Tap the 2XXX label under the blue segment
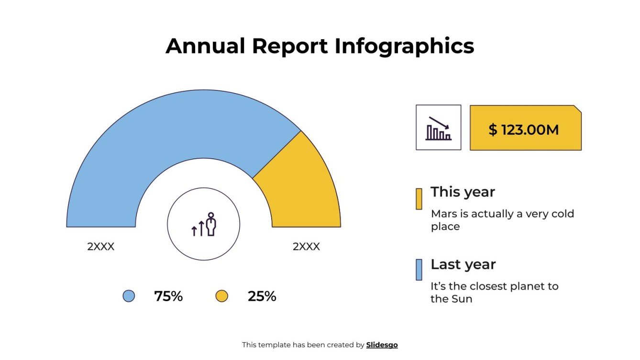tap(100, 247)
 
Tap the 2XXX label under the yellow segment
tap(306, 247)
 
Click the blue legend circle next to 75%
tap(129, 296)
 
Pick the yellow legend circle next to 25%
tap(221, 296)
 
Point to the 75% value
tap(168, 296)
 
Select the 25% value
tap(262, 296)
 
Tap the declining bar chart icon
tap(438, 128)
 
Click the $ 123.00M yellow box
tap(525, 128)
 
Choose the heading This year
tap(463, 192)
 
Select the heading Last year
tap(463, 264)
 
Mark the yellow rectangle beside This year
tap(419, 199)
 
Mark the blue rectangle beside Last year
tap(419, 270)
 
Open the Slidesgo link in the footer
tap(382, 345)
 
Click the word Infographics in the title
tap(404, 46)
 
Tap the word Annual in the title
tap(205, 46)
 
